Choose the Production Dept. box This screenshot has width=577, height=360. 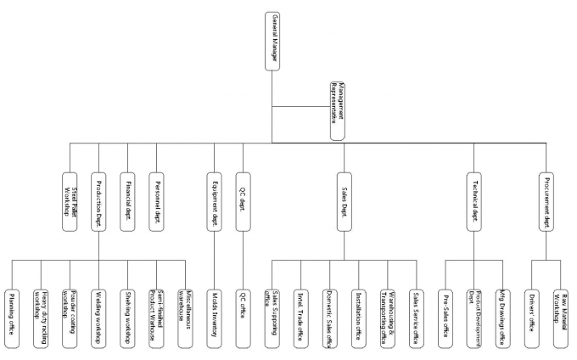pos(98,202)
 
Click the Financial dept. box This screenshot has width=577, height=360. pos(127,202)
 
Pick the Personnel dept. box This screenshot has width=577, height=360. pos(156,202)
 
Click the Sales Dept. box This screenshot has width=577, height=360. pos(345,202)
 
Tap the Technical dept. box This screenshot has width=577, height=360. pos(473,202)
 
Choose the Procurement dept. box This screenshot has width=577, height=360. pos(546,202)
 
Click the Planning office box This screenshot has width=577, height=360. pos(12,316)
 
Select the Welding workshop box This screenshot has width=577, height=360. pos(98,316)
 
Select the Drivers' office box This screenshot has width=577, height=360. pos(531,316)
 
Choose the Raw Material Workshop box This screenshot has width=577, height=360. pos(560,316)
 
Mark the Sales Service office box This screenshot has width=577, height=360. pos(416,316)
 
